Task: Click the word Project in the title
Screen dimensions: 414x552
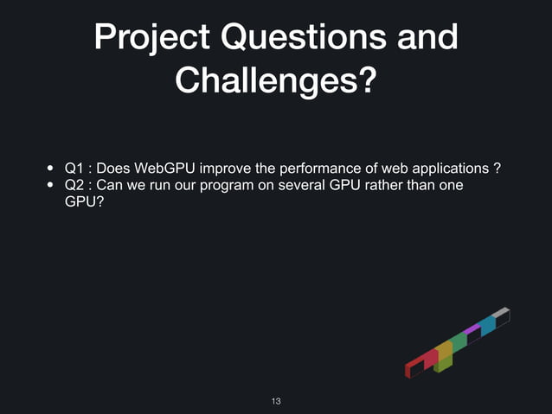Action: pos(146,38)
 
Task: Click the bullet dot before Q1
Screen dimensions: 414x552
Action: pos(51,168)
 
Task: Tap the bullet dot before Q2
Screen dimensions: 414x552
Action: pos(51,186)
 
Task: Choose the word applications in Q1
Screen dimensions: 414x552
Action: pos(448,167)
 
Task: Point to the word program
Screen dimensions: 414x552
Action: pos(226,185)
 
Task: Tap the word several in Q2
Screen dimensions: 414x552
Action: pos(302,185)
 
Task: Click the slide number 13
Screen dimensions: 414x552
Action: pos(276,401)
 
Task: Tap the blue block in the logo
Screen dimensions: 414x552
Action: pos(488,325)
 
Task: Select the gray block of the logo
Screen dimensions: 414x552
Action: pos(500,313)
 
